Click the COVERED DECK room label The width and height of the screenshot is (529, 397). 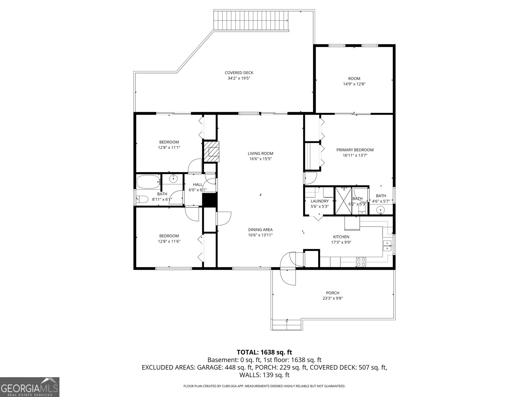click(x=239, y=73)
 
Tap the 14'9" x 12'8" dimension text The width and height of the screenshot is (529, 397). click(x=354, y=84)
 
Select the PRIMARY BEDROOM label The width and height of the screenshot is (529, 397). click(x=355, y=150)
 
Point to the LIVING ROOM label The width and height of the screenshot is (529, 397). click(x=260, y=154)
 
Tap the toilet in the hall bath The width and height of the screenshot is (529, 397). click(x=142, y=199)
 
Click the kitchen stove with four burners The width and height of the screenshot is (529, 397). click(x=361, y=262)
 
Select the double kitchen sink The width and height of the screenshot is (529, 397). click(x=387, y=245)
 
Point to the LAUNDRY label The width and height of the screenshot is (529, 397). click(x=320, y=201)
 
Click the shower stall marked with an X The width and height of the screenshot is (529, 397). click(x=344, y=200)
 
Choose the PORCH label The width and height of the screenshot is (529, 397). click(x=333, y=293)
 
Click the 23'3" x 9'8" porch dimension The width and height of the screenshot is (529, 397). click(x=333, y=298)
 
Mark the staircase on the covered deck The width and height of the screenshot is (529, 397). click(x=251, y=21)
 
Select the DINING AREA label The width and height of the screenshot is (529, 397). click(x=260, y=230)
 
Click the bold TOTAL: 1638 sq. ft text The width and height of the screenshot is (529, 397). click(x=264, y=352)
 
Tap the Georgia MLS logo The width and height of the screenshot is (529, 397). click(x=29, y=387)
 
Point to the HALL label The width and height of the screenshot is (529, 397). click(x=198, y=185)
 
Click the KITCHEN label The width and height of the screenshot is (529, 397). click(x=341, y=237)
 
